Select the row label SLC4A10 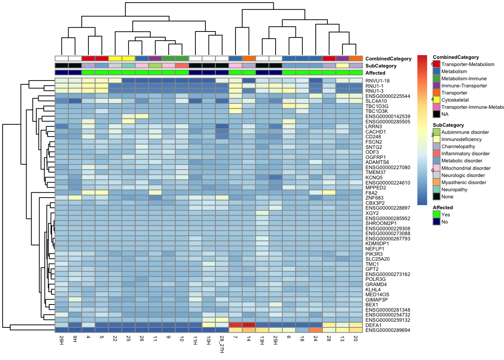pyautogui.click(x=376, y=101)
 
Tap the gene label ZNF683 pyautogui.click(x=374, y=198)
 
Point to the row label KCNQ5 pyautogui.click(x=374, y=178)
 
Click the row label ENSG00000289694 pyautogui.click(x=388, y=330)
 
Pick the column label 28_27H pyautogui.click(x=222, y=344)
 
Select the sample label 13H pyautogui.click(x=262, y=340)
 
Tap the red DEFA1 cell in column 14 pyautogui.click(x=249, y=325)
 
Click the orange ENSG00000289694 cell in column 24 pyautogui.click(x=316, y=330)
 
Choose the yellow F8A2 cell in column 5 pyautogui.click(x=102, y=193)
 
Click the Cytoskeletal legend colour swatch pyautogui.click(x=436, y=100)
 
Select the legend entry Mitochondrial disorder pyautogui.click(x=466, y=168)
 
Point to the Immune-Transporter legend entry pyautogui.click(x=464, y=86)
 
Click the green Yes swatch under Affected pyautogui.click(x=436, y=214)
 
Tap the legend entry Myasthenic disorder pyautogui.click(x=463, y=183)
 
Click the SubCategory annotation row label pyautogui.click(x=381, y=66)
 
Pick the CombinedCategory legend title pyautogui.click(x=456, y=57)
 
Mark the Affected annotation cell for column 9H pyautogui.click(x=75, y=73)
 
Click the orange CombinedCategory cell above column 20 pyautogui.click(x=356, y=58)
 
